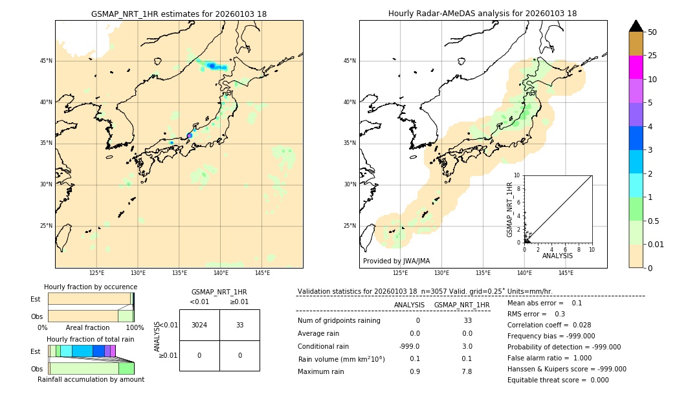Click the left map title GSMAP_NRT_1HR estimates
pyautogui.click(x=179, y=14)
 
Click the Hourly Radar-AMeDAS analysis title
pyautogui.click(x=482, y=14)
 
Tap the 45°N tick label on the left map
pyautogui.click(x=47, y=61)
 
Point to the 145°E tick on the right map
pyautogui.click(x=566, y=273)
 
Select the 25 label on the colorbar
pyautogui.click(x=652, y=56)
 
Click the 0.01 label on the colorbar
pyautogui.click(x=656, y=244)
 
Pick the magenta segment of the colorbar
pyautogui.click(x=636, y=67)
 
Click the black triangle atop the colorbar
pyautogui.click(x=636, y=26)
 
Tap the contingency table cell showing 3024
pyautogui.click(x=199, y=325)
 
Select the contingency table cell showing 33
pyautogui.click(x=239, y=325)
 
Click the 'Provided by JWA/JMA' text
pyautogui.click(x=396, y=261)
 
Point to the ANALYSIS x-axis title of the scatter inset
pyautogui.click(x=557, y=256)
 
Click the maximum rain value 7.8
pyautogui.click(x=467, y=371)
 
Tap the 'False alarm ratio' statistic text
pyautogui.click(x=549, y=358)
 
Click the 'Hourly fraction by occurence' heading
pyautogui.click(x=91, y=287)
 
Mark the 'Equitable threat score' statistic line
pyautogui.click(x=558, y=380)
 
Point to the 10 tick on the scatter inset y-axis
pyautogui.click(x=516, y=175)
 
